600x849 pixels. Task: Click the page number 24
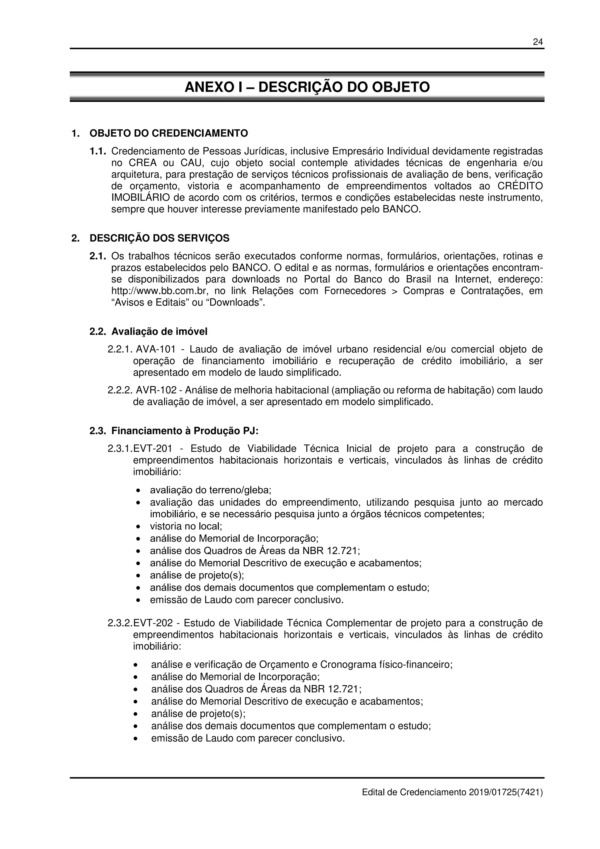pos(538,42)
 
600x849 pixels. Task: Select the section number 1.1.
pos(98,151)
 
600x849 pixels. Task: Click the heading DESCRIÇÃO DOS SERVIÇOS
pos(159,238)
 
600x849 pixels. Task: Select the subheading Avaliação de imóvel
pos(159,331)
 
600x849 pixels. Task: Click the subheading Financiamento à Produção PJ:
pos(185,431)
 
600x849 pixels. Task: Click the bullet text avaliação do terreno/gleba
pos(210,490)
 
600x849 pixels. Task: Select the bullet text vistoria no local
pos(186,526)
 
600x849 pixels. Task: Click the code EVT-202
pos(153,623)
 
